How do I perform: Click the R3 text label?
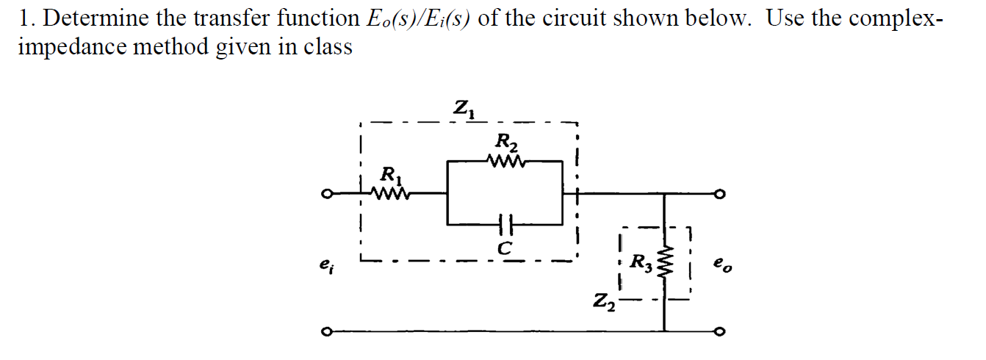pos(641,259)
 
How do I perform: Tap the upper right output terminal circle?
pos(722,195)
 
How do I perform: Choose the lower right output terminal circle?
pos(722,333)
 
